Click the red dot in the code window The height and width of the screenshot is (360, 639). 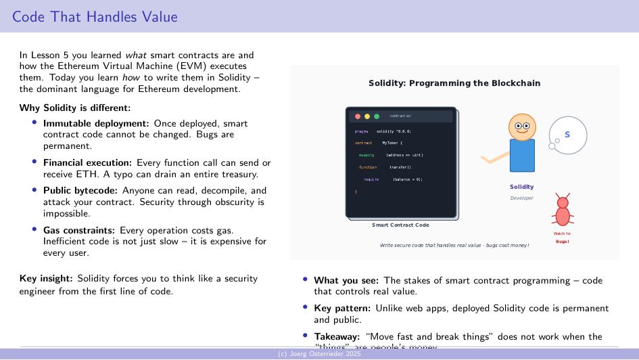358,116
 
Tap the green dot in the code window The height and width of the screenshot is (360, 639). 377,116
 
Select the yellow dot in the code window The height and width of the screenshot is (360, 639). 367,116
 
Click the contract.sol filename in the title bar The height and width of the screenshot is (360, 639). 400,116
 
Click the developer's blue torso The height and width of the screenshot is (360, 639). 522,156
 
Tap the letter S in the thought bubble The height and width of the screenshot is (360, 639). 567,135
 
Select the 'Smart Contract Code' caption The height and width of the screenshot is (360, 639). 400,225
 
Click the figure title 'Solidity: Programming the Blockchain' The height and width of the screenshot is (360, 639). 454,83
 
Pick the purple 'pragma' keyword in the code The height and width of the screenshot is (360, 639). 361,131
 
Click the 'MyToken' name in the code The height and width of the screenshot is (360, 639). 392,143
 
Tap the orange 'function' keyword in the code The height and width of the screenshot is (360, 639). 368,167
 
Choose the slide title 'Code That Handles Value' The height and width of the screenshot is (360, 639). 95,16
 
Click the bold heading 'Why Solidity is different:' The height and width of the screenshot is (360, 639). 74,108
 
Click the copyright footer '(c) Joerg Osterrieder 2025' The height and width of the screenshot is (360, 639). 319,355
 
